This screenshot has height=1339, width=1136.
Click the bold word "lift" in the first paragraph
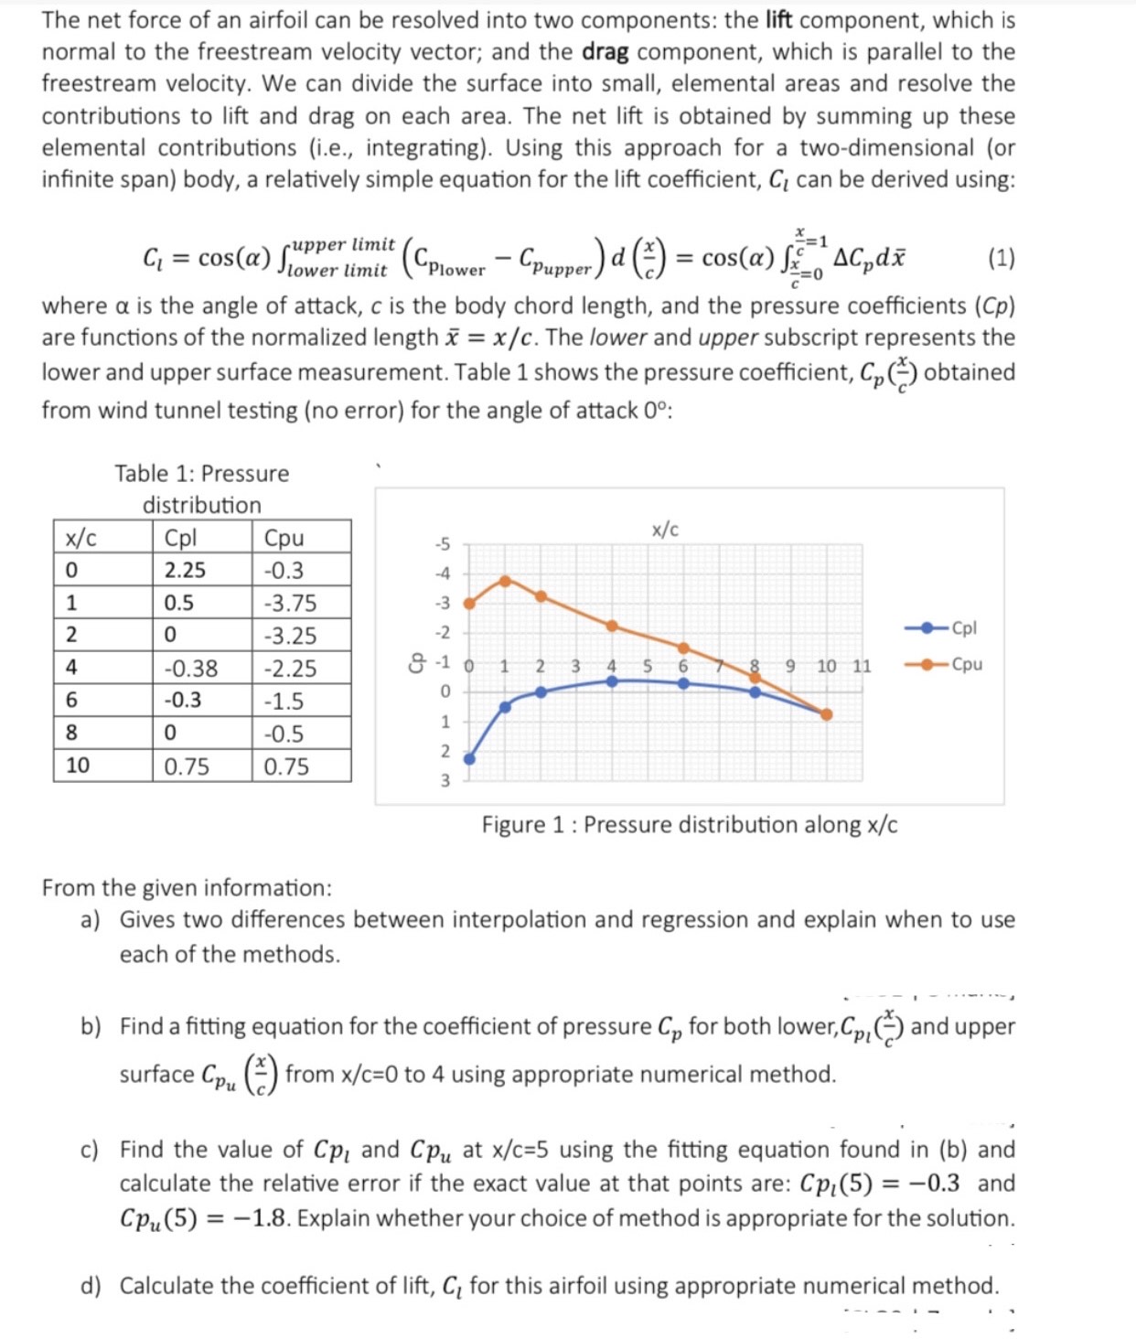(778, 19)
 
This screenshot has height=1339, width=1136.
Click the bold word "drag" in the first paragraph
(605, 52)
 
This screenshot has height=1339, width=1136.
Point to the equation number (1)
(1001, 258)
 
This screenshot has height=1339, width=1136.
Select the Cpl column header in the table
(180, 538)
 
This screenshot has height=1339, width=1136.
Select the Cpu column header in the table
(284, 538)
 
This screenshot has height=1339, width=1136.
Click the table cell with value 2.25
(185, 570)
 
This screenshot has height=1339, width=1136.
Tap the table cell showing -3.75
(290, 603)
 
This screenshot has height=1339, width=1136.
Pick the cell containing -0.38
(190, 669)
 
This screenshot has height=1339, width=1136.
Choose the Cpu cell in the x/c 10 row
(286, 766)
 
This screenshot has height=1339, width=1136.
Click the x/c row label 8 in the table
(71, 734)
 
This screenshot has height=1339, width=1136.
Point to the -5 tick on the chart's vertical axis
(442, 544)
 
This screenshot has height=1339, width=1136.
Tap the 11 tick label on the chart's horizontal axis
(862, 666)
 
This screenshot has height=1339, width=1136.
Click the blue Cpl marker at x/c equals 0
(469, 759)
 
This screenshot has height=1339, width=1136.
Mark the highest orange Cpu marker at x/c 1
(505, 581)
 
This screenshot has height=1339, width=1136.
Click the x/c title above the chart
(665, 530)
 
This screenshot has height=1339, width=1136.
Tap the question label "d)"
(91, 1286)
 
